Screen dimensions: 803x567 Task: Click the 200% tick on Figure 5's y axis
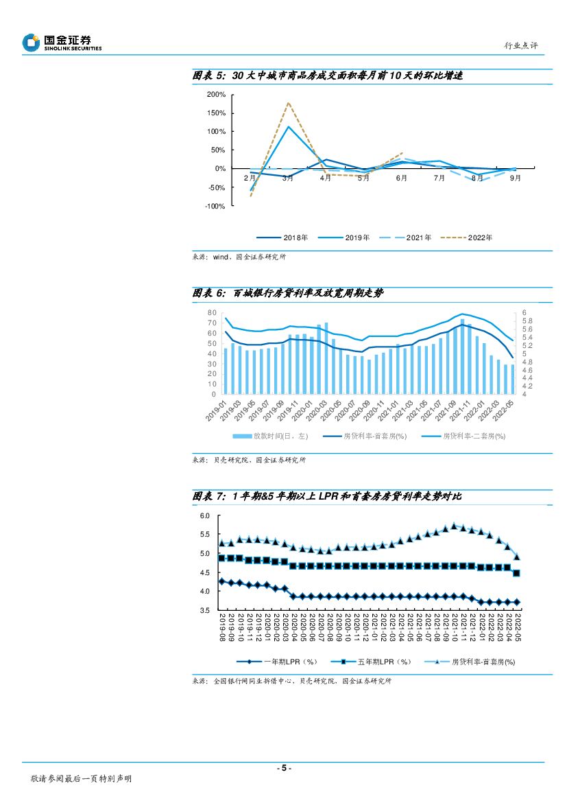click(216, 95)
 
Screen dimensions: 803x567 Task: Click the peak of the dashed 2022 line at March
click(288, 103)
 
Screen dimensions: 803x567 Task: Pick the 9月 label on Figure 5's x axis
click(515, 178)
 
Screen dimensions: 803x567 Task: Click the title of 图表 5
click(328, 75)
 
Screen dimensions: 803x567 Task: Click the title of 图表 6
click(288, 293)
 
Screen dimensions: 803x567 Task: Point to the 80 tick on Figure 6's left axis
click(212, 312)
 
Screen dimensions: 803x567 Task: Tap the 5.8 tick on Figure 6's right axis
click(527, 321)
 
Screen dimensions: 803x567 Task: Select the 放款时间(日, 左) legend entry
click(271, 436)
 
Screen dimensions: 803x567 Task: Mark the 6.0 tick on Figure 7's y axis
click(204, 516)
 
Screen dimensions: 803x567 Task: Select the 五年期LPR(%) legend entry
click(373, 662)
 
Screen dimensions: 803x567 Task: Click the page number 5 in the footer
click(283, 768)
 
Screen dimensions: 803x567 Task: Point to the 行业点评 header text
click(521, 45)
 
